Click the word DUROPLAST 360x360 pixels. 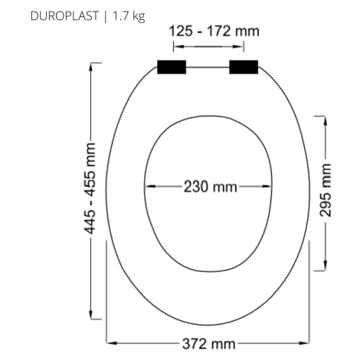pyautogui.click(x=64, y=16)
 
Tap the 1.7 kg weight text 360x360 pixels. pyautogui.click(x=129, y=17)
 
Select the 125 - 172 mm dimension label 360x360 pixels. pyautogui.click(x=214, y=31)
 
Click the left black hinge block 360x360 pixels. pyautogui.click(x=172, y=67)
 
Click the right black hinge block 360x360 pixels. pyautogui.click(x=244, y=67)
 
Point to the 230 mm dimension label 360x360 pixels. pyautogui.click(x=211, y=187)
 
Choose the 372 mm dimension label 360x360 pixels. pyautogui.click(x=209, y=344)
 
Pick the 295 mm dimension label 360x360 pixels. pyautogui.click(x=326, y=190)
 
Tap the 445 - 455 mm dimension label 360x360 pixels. pyautogui.click(x=90, y=188)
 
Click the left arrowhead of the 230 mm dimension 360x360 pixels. pyautogui.click(x=150, y=186)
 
